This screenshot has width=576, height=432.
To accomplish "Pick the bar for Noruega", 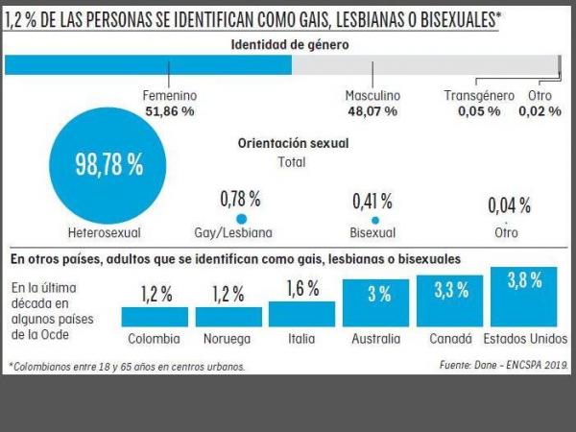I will pyautogui.click(x=228, y=317).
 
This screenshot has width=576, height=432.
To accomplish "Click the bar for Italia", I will pyautogui.click(x=301, y=314).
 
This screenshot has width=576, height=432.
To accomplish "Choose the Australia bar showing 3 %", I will pyautogui.click(x=375, y=303).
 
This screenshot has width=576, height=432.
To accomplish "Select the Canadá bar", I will pyautogui.click(x=449, y=301).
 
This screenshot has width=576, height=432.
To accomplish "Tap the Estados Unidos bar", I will pyautogui.click(x=524, y=298).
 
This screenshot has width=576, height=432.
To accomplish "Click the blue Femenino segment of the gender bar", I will pyautogui.click(x=149, y=64).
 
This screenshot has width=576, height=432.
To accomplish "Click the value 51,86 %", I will pyautogui.click(x=170, y=111).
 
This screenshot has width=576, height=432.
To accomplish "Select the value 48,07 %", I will pyautogui.click(x=372, y=111).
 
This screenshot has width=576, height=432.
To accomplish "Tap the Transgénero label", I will pyautogui.click(x=480, y=96).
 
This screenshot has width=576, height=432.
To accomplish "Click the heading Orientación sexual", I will pyautogui.click(x=293, y=143).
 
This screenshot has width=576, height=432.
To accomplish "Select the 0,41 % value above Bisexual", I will pyautogui.click(x=372, y=201).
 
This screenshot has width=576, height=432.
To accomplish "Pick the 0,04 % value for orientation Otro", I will pyautogui.click(x=508, y=204).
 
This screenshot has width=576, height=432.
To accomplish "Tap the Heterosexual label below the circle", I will pyautogui.click(x=105, y=232).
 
